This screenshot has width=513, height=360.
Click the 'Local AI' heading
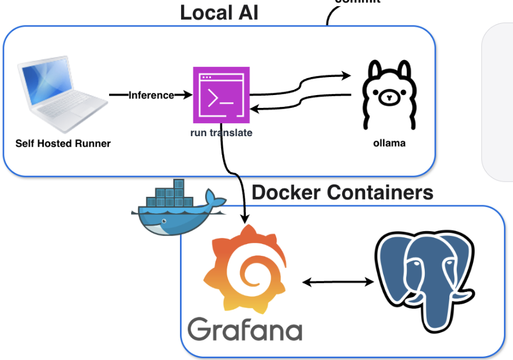[x=219, y=12]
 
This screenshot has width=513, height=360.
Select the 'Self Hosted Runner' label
[x=63, y=143]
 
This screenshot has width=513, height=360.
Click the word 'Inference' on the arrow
[x=151, y=95]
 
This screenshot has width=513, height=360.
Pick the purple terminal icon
[x=222, y=95]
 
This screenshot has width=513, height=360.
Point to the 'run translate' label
[x=221, y=133]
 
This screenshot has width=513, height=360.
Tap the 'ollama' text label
[x=389, y=143]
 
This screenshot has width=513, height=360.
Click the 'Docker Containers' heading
[x=343, y=192]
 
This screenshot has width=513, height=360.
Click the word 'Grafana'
[x=245, y=328]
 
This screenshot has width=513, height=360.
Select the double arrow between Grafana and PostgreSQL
[x=338, y=282]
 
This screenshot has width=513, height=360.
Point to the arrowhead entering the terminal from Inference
[x=188, y=95]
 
